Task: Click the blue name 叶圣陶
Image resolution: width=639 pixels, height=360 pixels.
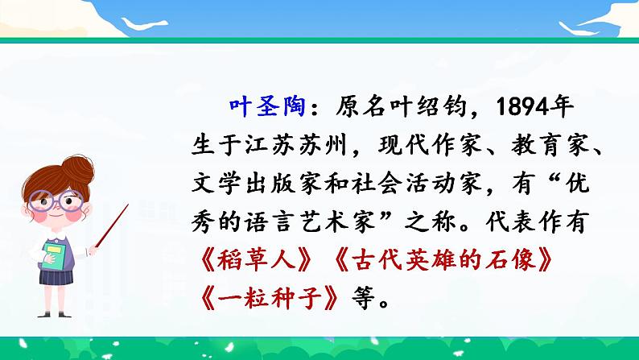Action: pyautogui.click(x=267, y=107)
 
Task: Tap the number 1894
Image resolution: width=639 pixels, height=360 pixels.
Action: pyautogui.click(x=522, y=107)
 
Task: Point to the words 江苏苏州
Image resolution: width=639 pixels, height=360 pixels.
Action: pyautogui.click(x=295, y=145)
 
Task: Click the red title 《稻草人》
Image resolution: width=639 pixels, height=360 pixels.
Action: pyautogui.click(x=257, y=260)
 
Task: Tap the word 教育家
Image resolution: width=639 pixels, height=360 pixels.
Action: pyautogui.click(x=550, y=145)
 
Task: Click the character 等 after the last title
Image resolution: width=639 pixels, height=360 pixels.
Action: pyautogui.click(x=363, y=299)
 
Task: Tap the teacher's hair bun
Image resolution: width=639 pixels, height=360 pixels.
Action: pyautogui.click(x=78, y=169)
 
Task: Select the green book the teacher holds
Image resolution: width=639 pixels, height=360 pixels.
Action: pyautogui.click(x=54, y=255)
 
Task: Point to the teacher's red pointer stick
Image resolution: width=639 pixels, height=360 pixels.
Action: pyautogui.click(x=112, y=226)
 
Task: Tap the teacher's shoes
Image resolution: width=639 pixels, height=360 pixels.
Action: pyautogui.click(x=55, y=314)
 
